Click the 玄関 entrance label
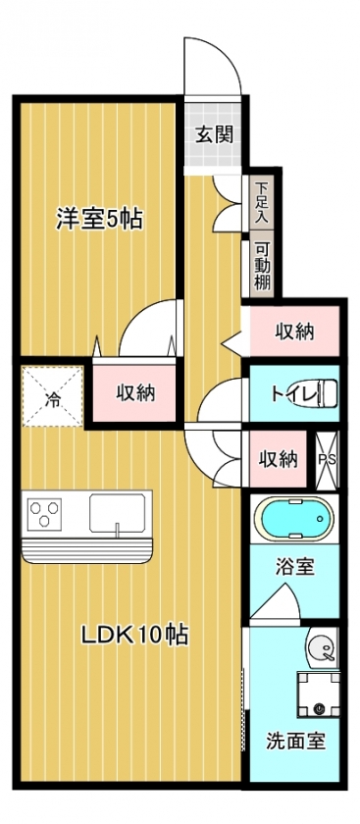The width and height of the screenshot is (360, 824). (214, 135)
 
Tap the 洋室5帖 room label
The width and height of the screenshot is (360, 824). (100, 219)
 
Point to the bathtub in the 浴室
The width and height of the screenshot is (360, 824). (293, 519)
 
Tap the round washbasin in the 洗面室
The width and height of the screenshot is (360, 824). (320, 647)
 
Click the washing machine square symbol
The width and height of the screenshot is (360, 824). (318, 695)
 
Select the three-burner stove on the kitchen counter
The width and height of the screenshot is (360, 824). (44, 514)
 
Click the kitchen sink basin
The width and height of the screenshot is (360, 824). (117, 513)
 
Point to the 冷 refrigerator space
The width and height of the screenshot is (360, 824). (53, 396)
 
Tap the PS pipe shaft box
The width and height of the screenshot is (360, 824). (327, 460)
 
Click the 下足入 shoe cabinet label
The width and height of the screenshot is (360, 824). (261, 203)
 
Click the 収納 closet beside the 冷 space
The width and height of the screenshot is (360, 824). (134, 392)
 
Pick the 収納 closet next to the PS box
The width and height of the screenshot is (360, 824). (278, 459)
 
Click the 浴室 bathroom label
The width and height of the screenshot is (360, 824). (294, 567)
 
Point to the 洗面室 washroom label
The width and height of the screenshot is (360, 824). (295, 741)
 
